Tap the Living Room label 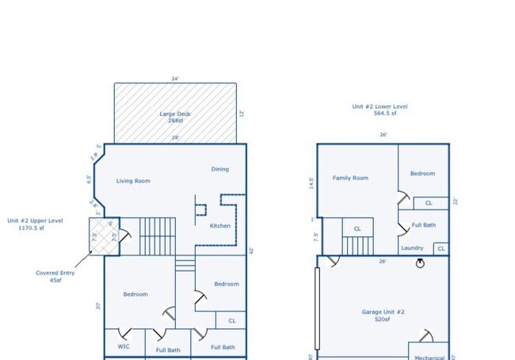[x=133, y=181]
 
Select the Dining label [x=219, y=169]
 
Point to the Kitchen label [x=220, y=226]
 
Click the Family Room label [x=350, y=178]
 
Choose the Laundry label [x=412, y=248]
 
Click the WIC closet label [x=123, y=347]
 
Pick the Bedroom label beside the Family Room [x=422, y=174]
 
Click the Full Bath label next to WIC [x=168, y=350]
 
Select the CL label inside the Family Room [x=357, y=229]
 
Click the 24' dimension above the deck [x=175, y=79]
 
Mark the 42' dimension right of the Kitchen [x=250, y=251]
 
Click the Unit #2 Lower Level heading [x=380, y=109]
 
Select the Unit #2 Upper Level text [x=36, y=224]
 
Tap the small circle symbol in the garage [x=421, y=264]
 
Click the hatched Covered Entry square [x=103, y=236]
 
